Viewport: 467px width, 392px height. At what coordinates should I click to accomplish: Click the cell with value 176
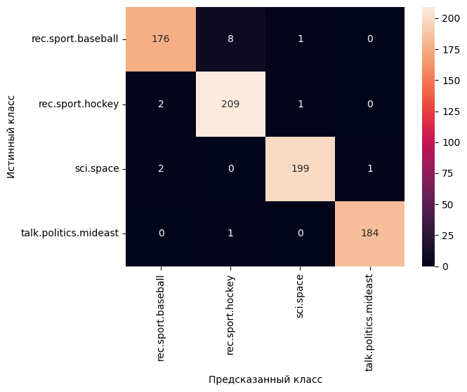161,39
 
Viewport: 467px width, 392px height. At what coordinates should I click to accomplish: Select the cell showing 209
230,104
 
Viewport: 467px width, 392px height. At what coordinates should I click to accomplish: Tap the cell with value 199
300,169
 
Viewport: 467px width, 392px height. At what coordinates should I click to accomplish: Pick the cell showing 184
369,234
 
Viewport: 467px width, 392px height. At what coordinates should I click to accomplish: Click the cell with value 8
230,39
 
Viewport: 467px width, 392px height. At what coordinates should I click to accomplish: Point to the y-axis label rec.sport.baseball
74,39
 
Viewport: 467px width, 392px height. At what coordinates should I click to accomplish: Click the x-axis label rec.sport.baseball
161,318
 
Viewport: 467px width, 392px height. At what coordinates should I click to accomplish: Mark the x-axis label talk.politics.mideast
369,323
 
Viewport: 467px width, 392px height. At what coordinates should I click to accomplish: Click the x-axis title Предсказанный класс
265,379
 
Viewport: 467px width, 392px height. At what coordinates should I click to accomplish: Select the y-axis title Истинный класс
11,137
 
